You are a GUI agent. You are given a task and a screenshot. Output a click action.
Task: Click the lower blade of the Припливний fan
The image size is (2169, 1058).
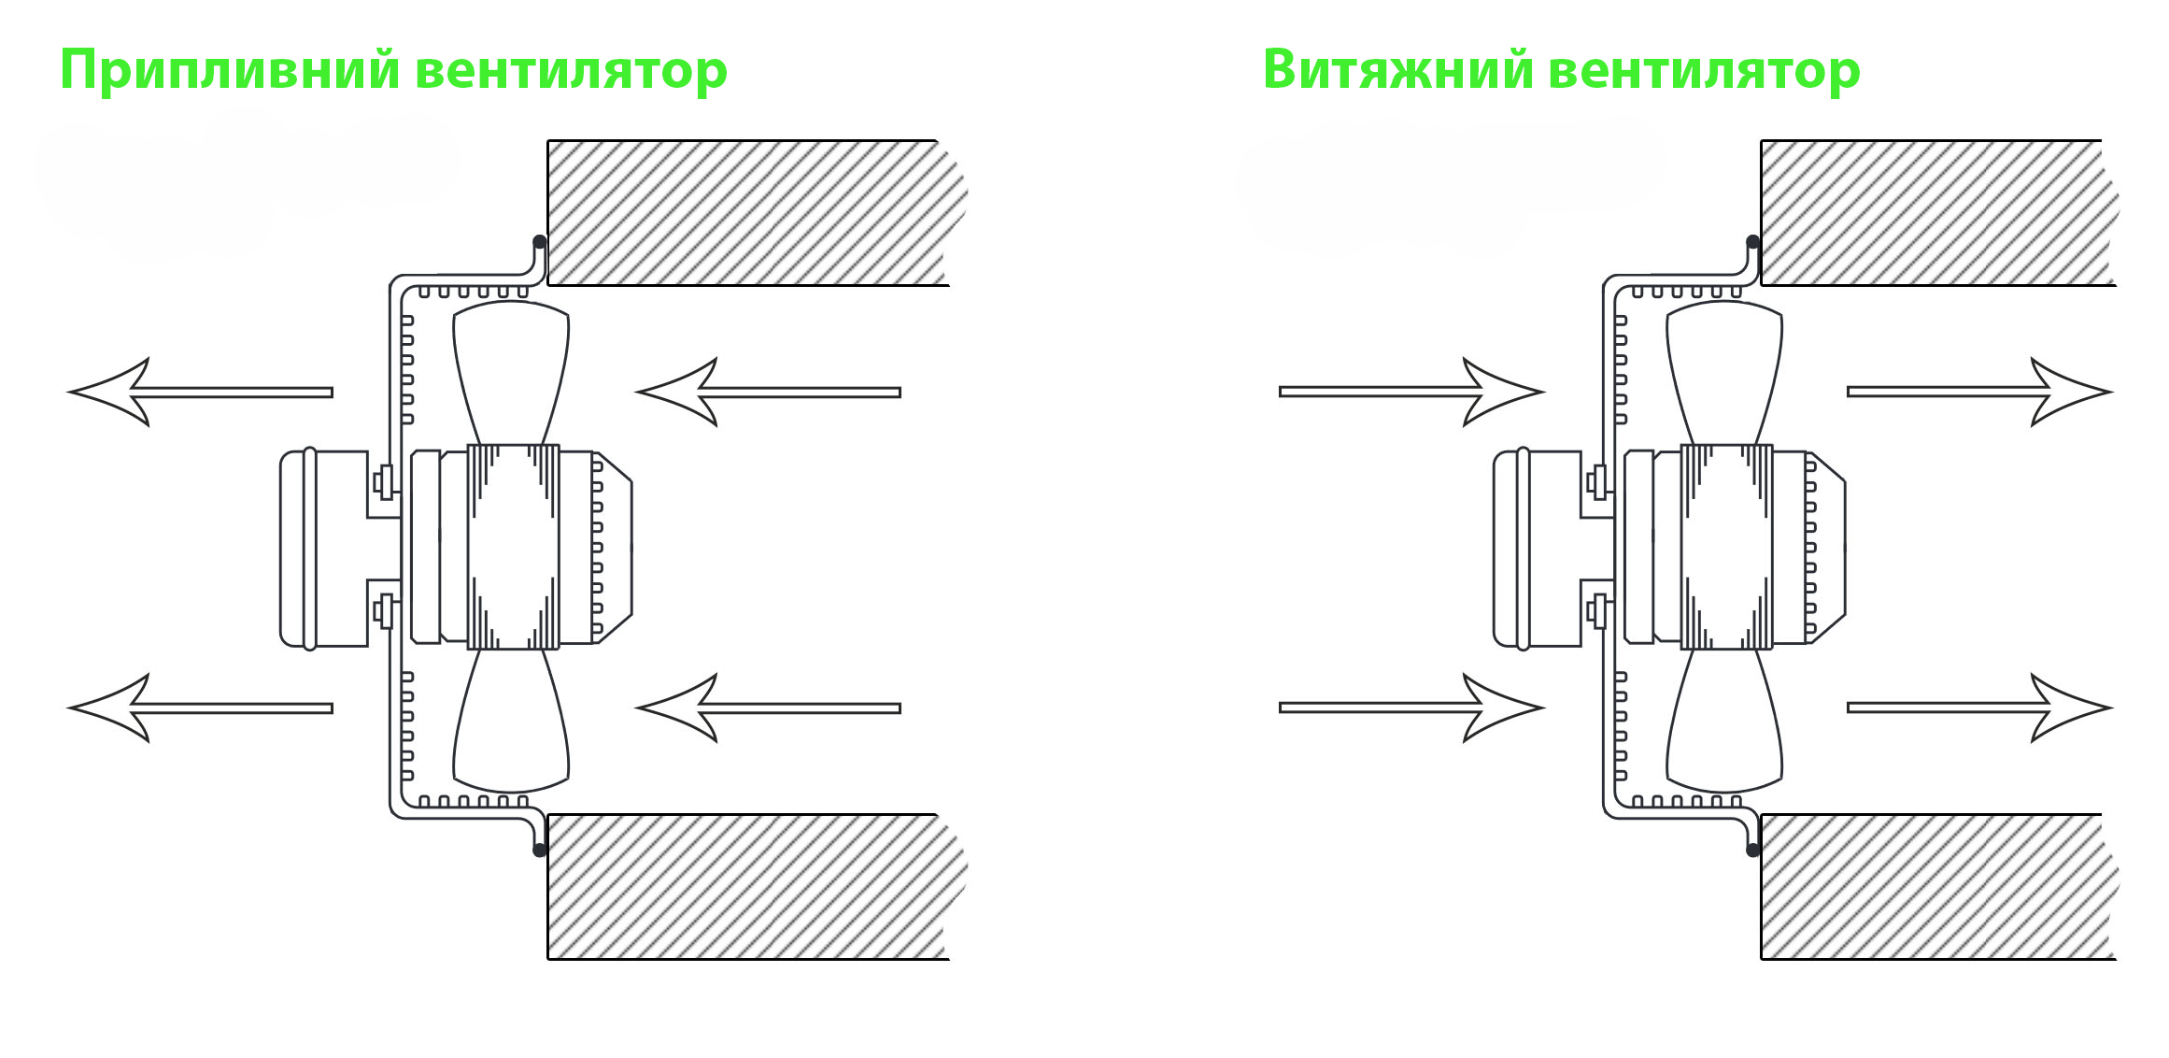point(511,720)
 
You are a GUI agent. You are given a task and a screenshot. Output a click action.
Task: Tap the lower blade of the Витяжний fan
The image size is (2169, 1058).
point(1724,720)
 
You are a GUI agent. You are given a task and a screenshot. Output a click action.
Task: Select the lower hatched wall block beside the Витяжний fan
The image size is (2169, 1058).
point(1938,886)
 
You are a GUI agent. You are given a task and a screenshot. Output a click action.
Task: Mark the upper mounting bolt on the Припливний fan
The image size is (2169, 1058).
point(384,483)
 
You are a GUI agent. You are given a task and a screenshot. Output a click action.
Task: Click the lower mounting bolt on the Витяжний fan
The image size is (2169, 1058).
point(1597,612)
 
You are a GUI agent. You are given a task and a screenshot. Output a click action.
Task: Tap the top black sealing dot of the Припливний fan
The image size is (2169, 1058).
point(539,242)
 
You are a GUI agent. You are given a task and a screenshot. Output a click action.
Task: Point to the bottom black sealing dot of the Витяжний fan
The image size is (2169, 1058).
point(1752,850)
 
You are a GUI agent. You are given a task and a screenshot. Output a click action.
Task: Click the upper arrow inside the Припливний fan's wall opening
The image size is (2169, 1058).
point(768,393)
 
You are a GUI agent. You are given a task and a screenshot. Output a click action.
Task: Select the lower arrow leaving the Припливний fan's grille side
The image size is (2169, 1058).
point(200,708)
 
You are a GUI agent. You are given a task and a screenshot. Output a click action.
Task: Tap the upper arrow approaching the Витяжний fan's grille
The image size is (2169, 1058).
point(1412,392)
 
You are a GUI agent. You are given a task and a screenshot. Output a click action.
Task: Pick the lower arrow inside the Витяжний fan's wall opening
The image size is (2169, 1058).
point(1980,708)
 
